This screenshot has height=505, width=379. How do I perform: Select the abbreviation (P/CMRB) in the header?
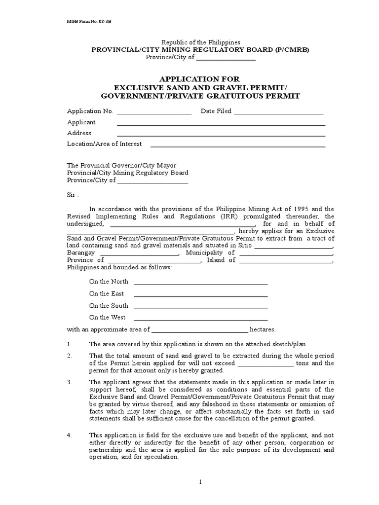point(292,50)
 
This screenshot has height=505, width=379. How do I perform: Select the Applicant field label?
point(81,122)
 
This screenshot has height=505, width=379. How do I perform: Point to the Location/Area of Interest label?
point(104,144)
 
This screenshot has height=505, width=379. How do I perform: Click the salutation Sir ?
point(73,195)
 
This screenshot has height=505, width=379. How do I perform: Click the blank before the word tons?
point(266,365)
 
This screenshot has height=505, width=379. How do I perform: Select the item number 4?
point(70,435)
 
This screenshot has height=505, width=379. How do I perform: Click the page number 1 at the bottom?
point(200,483)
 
